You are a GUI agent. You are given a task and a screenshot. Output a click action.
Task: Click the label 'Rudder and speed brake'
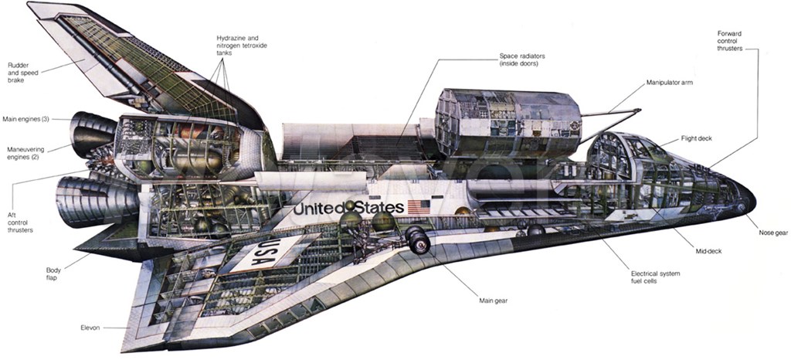(x=22, y=72)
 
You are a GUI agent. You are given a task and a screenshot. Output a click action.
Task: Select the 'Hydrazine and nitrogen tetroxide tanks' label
(x=242, y=46)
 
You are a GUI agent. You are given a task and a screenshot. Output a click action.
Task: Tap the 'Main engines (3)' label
(x=25, y=120)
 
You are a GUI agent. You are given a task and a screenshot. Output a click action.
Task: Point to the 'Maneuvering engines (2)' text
(x=25, y=153)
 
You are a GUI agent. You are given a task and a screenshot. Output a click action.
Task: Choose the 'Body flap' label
(x=53, y=273)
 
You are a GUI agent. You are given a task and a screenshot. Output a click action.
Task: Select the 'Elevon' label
(x=90, y=328)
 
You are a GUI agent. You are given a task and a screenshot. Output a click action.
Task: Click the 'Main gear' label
(x=493, y=301)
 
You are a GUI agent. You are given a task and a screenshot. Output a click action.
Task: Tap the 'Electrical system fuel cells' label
(x=655, y=277)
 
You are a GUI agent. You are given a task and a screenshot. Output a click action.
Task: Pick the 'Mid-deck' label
(x=708, y=250)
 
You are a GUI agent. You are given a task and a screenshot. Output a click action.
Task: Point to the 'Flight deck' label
(x=696, y=138)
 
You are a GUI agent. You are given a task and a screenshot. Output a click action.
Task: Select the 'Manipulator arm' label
(x=670, y=82)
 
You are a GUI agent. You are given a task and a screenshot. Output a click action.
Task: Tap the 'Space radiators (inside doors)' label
(x=522, y=60)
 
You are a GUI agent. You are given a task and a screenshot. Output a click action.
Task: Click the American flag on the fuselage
(x=419, y=207)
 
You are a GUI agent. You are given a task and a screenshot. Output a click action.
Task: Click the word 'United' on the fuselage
(x=319, y=209)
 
